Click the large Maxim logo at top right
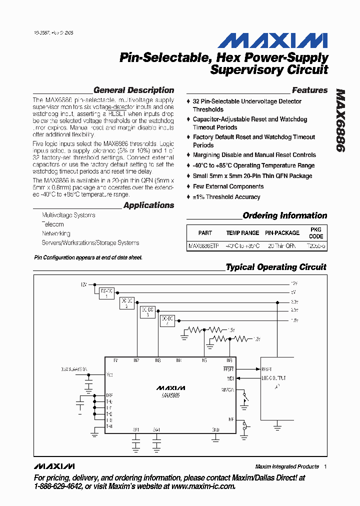[x=272, y=40]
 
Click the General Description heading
[x=133, y=90]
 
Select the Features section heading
[x=309, y=90]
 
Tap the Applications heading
[x=148, y=205]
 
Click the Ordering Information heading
[x=284, y=215]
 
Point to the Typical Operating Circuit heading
[x=275, y=267]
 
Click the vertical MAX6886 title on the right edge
[x=340, y=121]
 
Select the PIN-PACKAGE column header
[x=282, y=232]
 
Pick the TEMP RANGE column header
[x=242, y=232]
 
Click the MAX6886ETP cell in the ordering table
[x=203, y=246]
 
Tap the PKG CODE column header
[x=316, y=232]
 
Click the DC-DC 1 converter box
[x=106, y=293]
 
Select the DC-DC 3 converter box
[x=147, y=311]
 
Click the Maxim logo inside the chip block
[x=170, y=387]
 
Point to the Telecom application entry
[x=52, y=224]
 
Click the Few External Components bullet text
[x=228, y=186]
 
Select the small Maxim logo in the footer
[x=54, y=466]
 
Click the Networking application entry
[x=56, y=233]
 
